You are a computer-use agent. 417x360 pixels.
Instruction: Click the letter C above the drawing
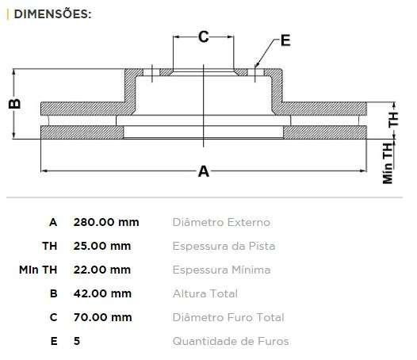pyautogui.click(x=203, y=36)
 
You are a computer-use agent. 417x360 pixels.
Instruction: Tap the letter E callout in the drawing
pyautogui.click(x=285, y=40)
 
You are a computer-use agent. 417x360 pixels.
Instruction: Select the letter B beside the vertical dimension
pyautogui.click(x=13, y=104)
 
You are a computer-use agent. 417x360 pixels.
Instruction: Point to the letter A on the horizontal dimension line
pyautogui.click(x=203, y=170)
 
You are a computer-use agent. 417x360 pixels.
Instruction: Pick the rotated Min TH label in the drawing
pyautogui.click(x=388, y=163)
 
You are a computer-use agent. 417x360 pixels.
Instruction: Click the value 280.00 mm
pyautogui.click(x=106, y=222)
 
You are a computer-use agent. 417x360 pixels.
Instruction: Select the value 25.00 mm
pyautogui.click(x=102, y=246)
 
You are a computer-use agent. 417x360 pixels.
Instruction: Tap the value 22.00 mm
pyautogui.click(x=102, y=270)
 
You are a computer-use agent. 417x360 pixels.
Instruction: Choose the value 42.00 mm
pyautogui.click(x=102, y=293)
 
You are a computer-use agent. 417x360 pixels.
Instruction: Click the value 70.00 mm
pyautogui.click(x=102, y=317)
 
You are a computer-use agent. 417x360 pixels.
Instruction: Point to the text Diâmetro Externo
pyautogui.click(x=221, y=222)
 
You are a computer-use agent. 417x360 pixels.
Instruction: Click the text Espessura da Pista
pyautogui.click(x=224, y=246)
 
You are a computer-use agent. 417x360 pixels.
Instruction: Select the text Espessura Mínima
pyautogui.click(x=221, y=270)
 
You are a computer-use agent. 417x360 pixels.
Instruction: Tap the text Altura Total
pyautogui.click(x=205, y=293)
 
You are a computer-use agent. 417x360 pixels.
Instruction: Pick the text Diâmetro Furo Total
pyautogui.click(x=228, y=317)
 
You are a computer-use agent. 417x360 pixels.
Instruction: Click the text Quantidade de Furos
pyautogui.click(x=231, y=341)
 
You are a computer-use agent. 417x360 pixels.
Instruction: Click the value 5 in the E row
pyautogui.click(x=77, y=341)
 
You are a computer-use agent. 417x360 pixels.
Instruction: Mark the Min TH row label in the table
pyautogui.click(x=38, y=270)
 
